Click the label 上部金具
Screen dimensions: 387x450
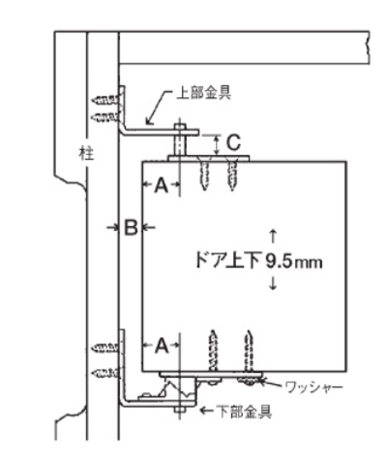tap(204, 93)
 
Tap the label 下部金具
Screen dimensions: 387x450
tap(244, 412)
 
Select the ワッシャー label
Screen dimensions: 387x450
tap(314, 388)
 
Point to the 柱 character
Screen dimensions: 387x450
tap(86, 154)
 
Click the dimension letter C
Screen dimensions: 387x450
tap(233, 143)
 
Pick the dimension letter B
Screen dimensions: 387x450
tap(131, 228)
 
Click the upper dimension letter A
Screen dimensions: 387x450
tap(161, 185)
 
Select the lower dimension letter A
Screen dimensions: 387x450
tap(161, 346)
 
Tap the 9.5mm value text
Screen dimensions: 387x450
tap(293, 261)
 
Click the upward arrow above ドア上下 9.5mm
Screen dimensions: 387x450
tap(273, 236)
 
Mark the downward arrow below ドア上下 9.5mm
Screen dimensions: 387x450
tap(273, 283)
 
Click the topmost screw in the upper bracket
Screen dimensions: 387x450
tap(105, 100)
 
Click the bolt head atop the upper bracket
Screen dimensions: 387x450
tap(180, 126)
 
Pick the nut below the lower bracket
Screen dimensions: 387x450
tap(180, 409)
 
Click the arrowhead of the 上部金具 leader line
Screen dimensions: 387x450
tap(148, 121)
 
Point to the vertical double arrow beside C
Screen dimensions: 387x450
tap(217, 145)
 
